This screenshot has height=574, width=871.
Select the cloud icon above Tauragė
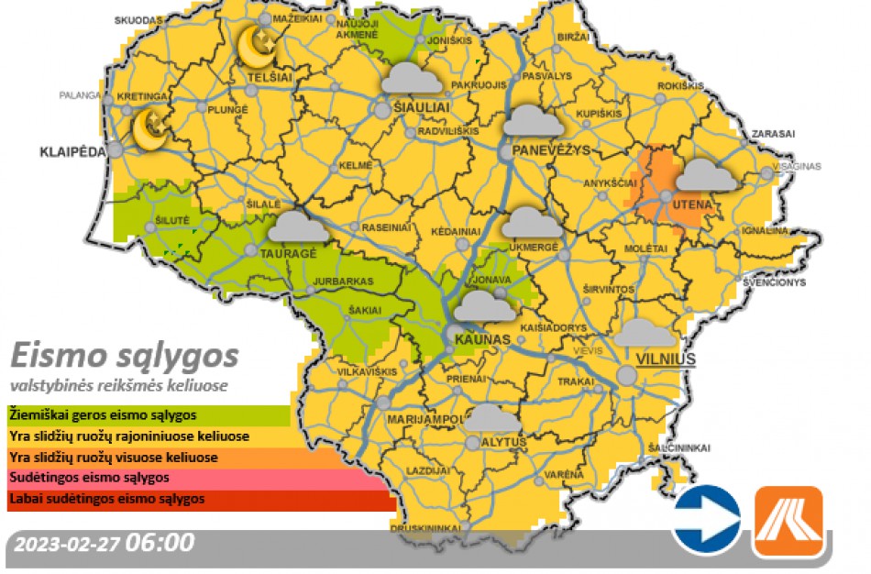pos(298,226)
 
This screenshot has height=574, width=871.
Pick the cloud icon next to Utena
pos(706,175)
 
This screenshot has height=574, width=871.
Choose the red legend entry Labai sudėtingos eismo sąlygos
pos(102,500)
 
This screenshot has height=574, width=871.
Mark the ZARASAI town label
pos(773,133)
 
